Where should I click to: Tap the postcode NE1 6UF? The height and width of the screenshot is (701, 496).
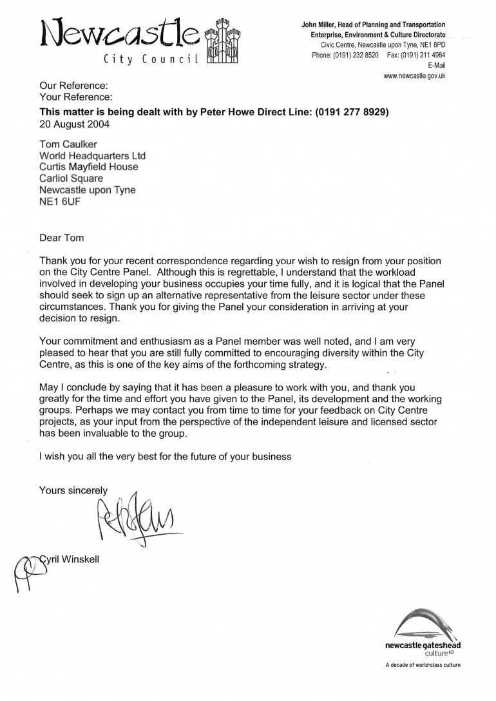[x=59, y=202]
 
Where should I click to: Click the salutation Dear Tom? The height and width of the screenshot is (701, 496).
[x=62, y=237]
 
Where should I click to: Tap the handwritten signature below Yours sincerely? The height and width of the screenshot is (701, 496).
[x=135, y=519]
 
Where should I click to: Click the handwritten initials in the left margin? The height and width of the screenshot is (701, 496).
[x=24, y=567]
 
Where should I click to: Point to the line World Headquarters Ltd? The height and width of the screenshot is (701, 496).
[x=93, y=156]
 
